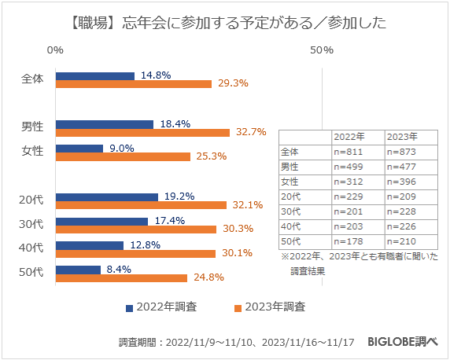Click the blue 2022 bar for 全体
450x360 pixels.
(94, 76)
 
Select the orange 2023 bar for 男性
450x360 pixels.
(142, 132)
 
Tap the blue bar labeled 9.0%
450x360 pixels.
(79, 148)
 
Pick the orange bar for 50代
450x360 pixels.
(121, 277)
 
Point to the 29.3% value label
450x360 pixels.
(232, 84)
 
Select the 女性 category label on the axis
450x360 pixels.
(32, 151)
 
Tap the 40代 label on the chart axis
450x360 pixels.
(31, 248)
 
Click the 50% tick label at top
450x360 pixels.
(322, 50)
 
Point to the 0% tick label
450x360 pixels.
(55, 50)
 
